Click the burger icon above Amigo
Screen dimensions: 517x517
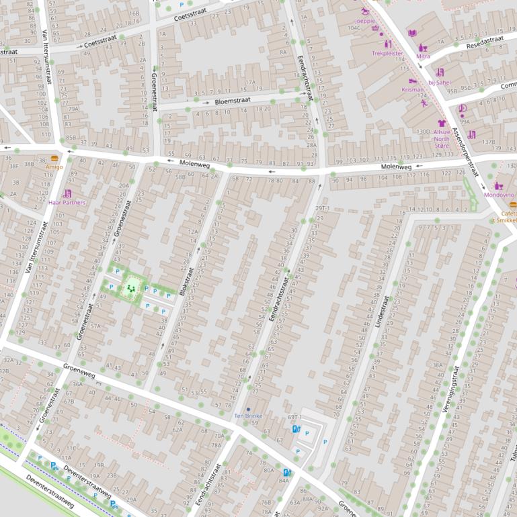pyautogui.click(x=54, y=158)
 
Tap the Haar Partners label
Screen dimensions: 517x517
pyautogui.click(x=67, y=202)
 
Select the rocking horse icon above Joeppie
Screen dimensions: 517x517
pyautogui.click(x=366, y=11)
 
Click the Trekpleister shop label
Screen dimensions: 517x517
pyautogui.click(x=388, y=52)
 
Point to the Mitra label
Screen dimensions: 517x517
pyautogui.click(x=423, y=56)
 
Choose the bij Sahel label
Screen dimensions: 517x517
pyautogui.click(x=439, y=82)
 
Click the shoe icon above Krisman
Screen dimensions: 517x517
pyautogui.click(x=412, y=81)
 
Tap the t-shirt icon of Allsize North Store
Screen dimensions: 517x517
pyautogui.click(x=442, y=124)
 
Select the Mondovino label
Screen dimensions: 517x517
pyautogui.click(x=498, y=194)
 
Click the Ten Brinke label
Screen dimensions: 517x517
pyautogui.click(x=248, y=416)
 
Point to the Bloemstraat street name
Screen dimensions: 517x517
pyautogui.click(x=232, y=101)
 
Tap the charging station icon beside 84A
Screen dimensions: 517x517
pyautogui.click(x=288, y=472)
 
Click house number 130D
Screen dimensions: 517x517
pyautogui.click(x=423, y=132)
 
